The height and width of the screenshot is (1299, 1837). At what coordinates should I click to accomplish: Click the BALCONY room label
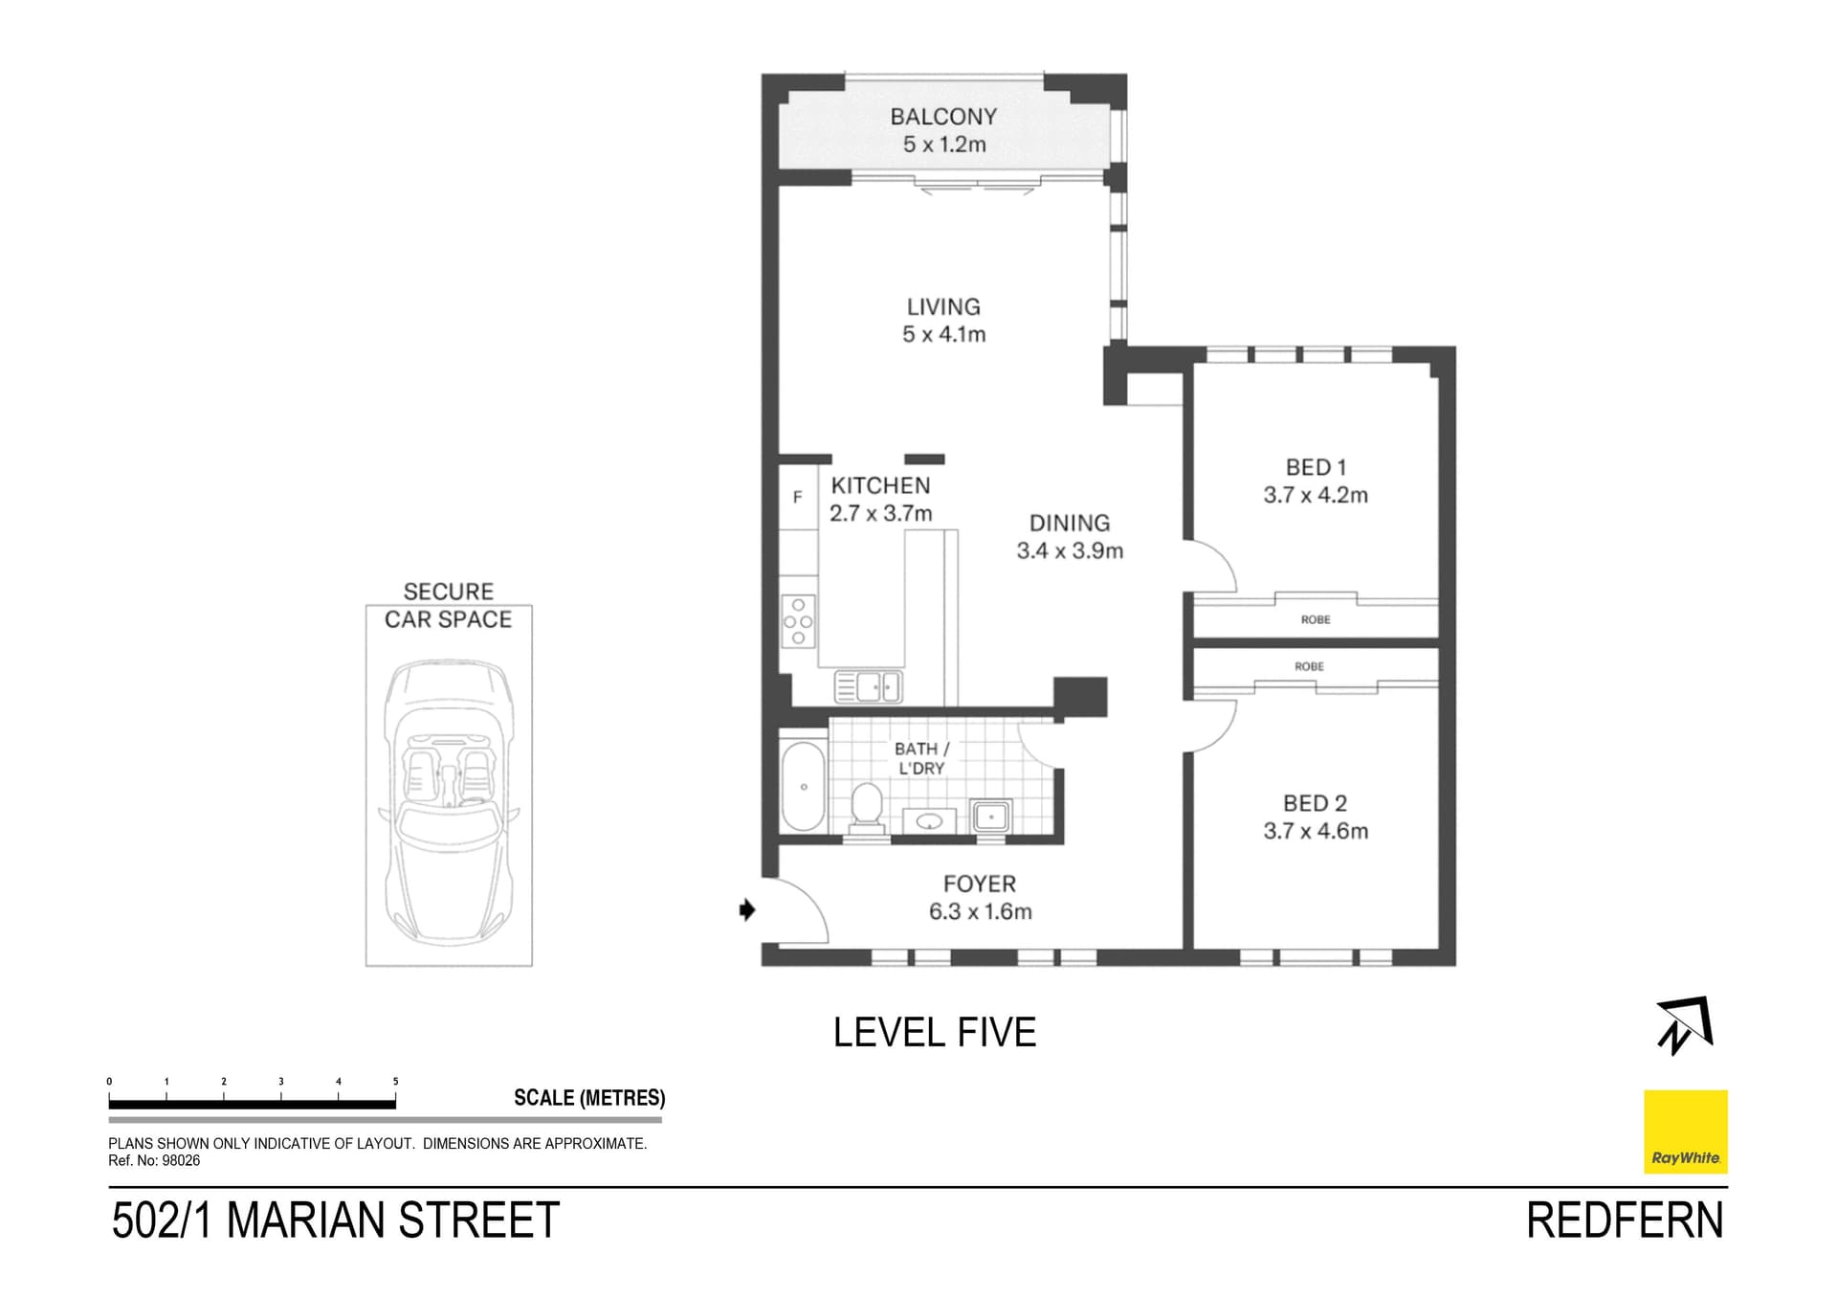coord(943,117)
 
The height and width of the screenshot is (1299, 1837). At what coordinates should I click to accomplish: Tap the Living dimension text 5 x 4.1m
coord(943,335)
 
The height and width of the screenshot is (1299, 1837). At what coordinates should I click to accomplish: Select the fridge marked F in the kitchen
coord(797,497)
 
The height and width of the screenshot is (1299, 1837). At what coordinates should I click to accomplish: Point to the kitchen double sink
coord(868,686)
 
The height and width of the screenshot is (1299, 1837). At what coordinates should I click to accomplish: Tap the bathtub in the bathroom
coord(804,787)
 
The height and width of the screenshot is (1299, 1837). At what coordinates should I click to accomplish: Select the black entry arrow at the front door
coord(747,909)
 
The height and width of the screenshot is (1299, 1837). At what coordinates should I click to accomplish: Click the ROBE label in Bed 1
coord(1316,619)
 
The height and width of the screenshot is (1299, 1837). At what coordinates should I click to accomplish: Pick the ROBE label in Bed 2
coord(1309,666)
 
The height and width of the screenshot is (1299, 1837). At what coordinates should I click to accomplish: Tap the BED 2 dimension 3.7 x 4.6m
coord(1316,831)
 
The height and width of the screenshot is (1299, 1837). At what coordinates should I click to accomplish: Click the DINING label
coord(1070,523)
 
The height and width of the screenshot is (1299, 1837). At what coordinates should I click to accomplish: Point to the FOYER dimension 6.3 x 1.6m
coord(980,912)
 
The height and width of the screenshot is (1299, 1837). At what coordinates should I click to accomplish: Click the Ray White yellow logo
coord(1685,1131)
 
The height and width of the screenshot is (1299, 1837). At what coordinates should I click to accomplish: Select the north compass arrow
coord(1685,1025)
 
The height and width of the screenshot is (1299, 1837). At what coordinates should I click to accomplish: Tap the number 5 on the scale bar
coord(395,1082)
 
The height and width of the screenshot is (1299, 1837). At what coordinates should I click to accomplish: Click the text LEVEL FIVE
coord(935,1033)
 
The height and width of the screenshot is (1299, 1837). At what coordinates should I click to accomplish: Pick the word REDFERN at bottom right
coord(1625,1221)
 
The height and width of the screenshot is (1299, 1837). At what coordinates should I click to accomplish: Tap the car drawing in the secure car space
coord(449,799)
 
